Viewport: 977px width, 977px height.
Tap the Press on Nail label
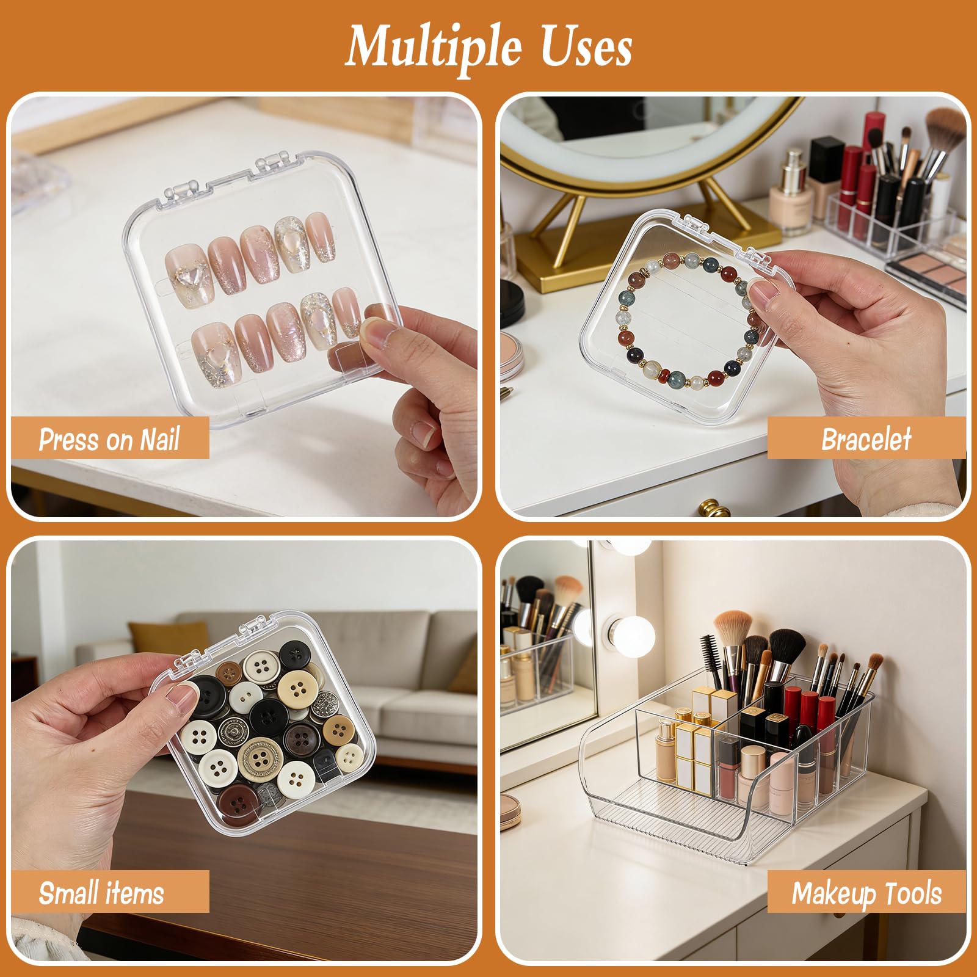tap(109, 439)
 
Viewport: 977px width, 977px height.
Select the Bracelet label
tap(866, 439)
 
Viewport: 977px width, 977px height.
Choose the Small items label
tap(101, 893)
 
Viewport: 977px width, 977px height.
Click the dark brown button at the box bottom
tap(239, 804)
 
